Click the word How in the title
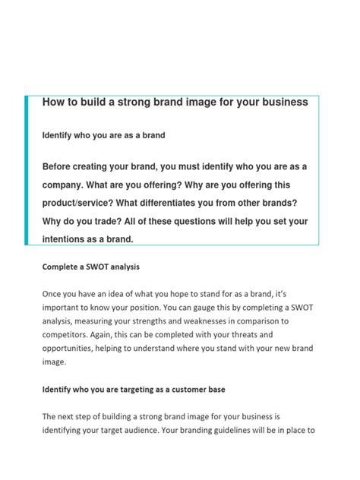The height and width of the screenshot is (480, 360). (x=53, y=103)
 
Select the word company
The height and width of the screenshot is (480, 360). (x=66, y=185)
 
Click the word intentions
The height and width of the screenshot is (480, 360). (x=68, y=239)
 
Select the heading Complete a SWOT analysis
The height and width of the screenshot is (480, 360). (x=91, y=267)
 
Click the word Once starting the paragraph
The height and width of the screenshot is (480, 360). (x=54, y=293)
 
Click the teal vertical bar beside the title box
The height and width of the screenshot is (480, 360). (x=27, y=170)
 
